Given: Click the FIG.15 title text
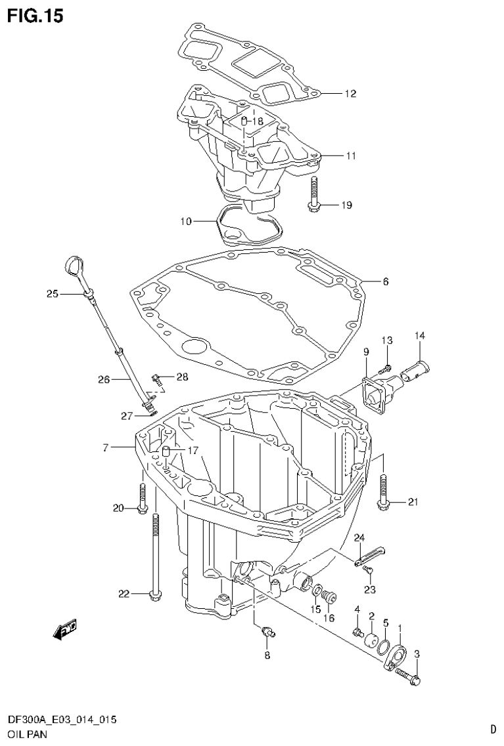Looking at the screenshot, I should coord(35,16).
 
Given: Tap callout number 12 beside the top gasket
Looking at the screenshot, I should coord(350,94).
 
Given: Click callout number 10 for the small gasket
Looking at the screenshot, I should coord(187,222).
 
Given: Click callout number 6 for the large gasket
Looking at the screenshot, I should coord(385,282).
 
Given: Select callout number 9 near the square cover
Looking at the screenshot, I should coord(366,352).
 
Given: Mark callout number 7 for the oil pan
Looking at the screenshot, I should coord(105,448).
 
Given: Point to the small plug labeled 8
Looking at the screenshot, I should coord(268,632).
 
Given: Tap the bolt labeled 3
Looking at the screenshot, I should coord(411,676).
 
